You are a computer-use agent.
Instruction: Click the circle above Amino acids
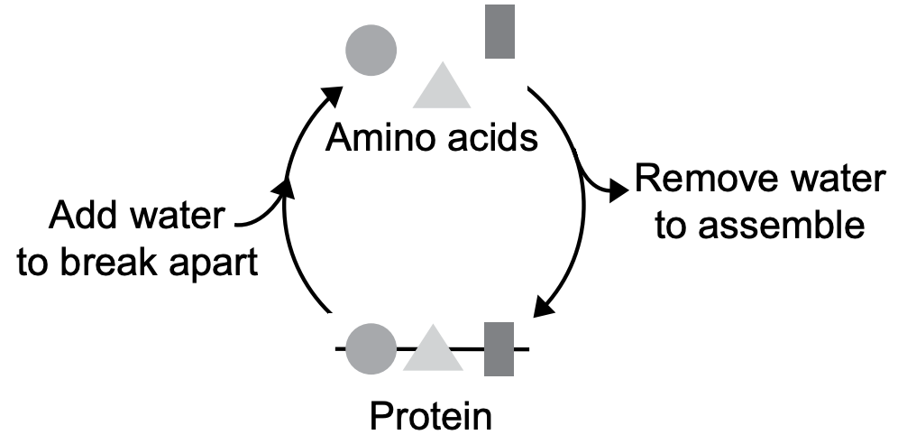pyautogui.click(x=371, y=48)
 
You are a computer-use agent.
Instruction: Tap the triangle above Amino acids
pyautogui.click(x=443, y=88)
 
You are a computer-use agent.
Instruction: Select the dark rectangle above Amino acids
pyautogui.click(x=499, y=32)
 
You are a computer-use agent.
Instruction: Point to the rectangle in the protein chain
pyautogui.click(x=499, y=348)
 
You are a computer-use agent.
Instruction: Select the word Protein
pyautogui.click(x=432, y=416)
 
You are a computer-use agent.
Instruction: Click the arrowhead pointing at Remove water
pyautogui.click(x=619, y=190)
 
